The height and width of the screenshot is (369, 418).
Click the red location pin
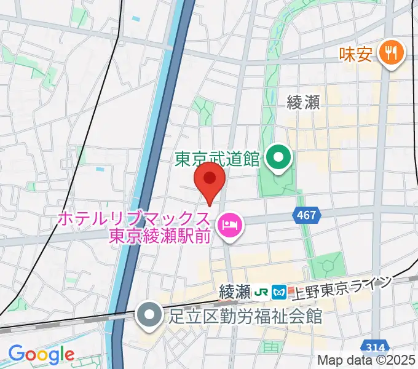(210, 181)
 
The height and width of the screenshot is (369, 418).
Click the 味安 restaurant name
(356, 55)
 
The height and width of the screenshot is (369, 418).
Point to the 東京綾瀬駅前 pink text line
(160, 236)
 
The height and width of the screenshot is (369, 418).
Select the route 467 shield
(305, 215)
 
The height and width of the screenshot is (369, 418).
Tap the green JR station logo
(262, 290)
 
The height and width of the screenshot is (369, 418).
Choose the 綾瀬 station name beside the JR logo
(236, 290)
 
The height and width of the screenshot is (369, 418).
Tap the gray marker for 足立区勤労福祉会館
(149, 315)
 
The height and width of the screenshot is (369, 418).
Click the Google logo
(41, 354)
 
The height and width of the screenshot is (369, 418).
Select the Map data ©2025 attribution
(366, 360)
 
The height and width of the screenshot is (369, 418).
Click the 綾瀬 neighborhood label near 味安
(303, 102)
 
